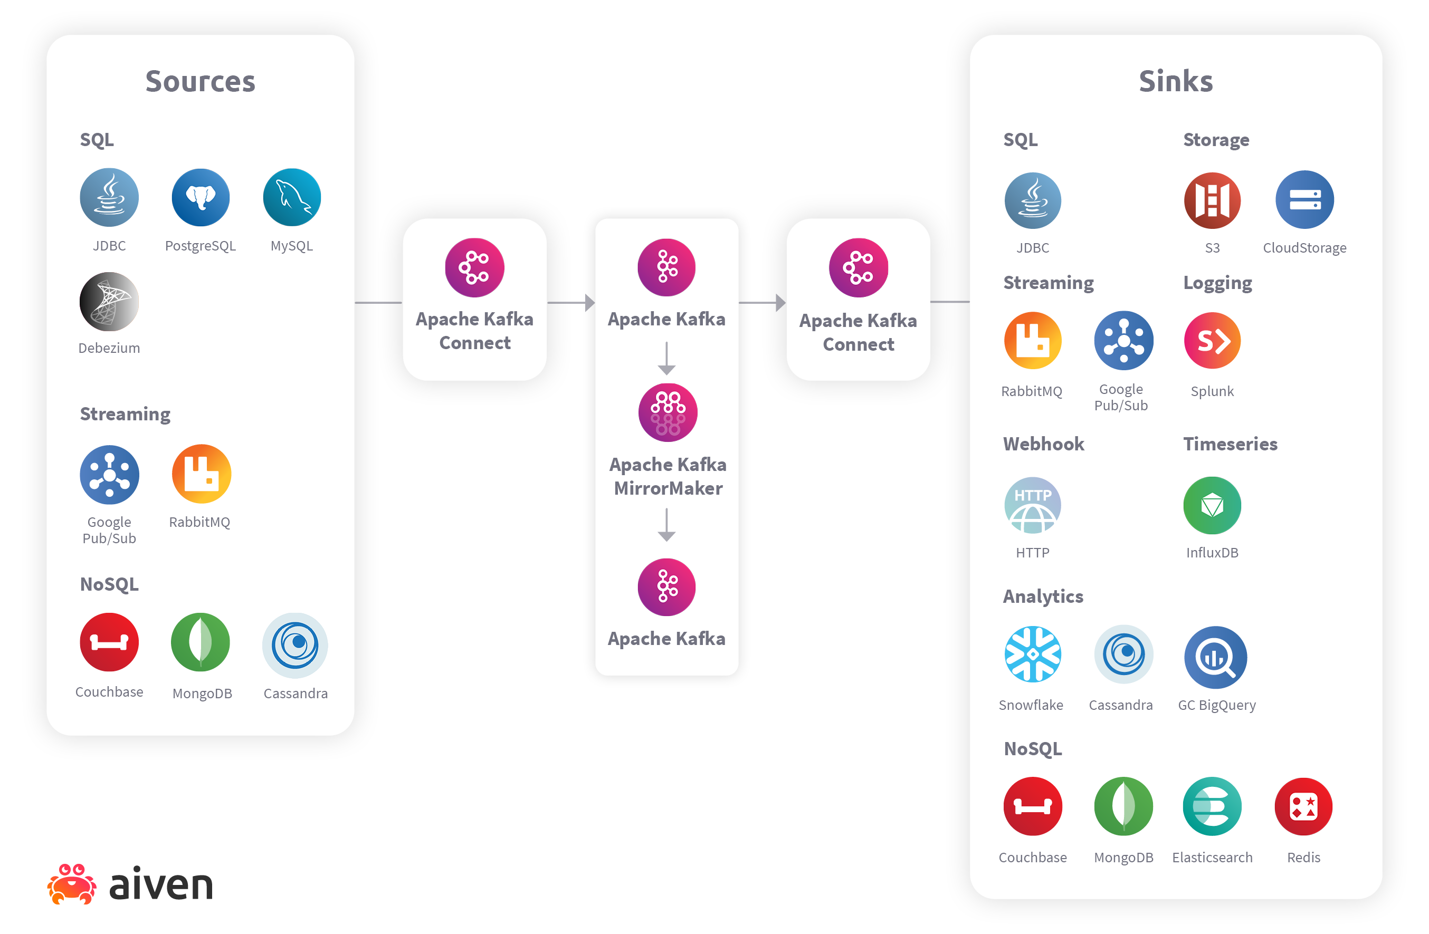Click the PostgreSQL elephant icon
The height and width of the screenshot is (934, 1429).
(201, 197)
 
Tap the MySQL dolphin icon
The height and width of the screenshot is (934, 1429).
(292, 197)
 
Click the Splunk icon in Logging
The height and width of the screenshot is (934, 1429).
(1212, 340)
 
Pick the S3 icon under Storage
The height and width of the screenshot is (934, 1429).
(1212, 200)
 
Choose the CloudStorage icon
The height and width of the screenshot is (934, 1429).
(1304, 200)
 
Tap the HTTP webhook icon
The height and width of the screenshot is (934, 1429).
(1033, 505)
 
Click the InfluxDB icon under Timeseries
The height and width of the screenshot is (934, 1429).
(1212, 505)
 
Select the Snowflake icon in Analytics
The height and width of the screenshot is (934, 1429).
(1033, 654)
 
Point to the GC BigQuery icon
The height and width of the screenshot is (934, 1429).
(1215, 657)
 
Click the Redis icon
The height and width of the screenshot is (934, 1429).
(1303, 807)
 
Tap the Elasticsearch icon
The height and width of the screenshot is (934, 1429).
(1212, 807)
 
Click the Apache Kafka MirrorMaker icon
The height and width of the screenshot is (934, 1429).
(668, 412)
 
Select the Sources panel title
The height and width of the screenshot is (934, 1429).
(201, 81)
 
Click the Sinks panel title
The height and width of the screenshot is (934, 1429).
(1176, 81)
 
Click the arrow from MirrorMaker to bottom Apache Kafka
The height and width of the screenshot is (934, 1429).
(666, 525)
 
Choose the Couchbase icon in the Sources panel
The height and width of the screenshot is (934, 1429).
(109, 642)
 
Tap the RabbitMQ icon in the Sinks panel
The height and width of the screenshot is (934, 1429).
(1033, 340)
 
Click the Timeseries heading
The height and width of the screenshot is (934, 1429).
(1230, 444)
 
